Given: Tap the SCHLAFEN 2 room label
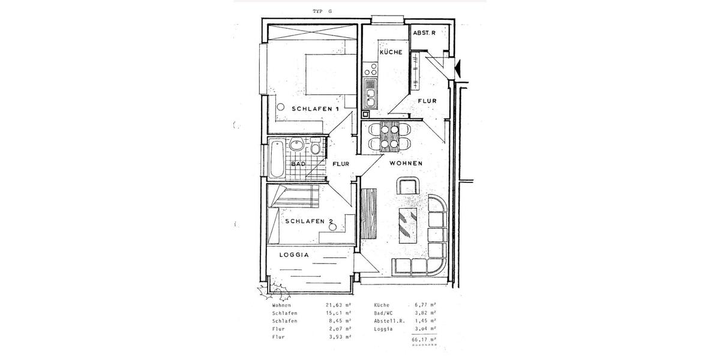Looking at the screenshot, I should (x=309, y=221).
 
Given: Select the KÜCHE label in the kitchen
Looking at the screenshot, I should (x=390, y=52).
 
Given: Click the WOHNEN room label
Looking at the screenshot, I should (x=406, y=163).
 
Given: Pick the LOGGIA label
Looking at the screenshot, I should (x=294, y=254).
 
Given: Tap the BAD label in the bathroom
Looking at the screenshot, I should (x=298, y=163).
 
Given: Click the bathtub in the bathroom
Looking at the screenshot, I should (x=276, y=158).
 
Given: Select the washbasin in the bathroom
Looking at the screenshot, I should (x=296, y=145).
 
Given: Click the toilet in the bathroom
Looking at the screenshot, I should (x=315, y=147).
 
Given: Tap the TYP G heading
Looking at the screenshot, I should (x=322, y=11).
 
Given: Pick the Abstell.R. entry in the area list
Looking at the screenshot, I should (x=389, y=321).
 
